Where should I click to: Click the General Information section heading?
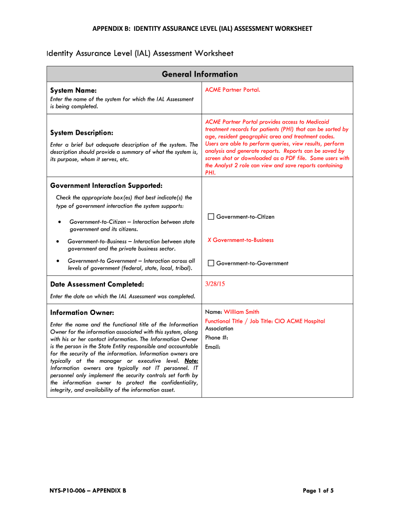pos(200,74)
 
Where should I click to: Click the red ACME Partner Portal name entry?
pos(232,90)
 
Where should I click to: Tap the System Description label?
pos(81,133)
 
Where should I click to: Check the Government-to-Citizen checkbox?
pos(211,217)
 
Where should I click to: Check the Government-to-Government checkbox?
pos(211,263)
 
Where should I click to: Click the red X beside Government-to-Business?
pos(209,240)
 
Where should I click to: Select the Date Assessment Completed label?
pos(97,284)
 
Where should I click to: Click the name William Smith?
pos(241,312)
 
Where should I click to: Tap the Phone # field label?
pos(217,338)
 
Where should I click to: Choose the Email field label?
pos(212,347)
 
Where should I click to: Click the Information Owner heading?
pos(82,312)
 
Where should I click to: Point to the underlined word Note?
pos(191,361)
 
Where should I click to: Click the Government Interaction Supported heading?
pos(106,185)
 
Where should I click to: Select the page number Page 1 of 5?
pos(318,490)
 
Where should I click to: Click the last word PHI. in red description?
pos(210,173)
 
